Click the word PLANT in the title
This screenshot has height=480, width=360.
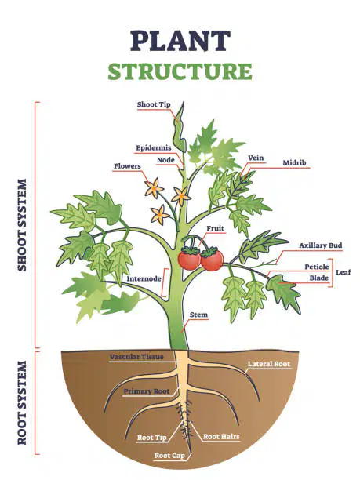180,41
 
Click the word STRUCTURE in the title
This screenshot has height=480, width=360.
180,71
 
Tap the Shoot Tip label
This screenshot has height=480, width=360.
154,104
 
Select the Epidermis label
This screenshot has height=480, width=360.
154,148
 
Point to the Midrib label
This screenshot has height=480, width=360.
294,163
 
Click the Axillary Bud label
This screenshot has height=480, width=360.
321,245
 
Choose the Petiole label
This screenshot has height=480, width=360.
317,267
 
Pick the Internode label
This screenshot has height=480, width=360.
144,279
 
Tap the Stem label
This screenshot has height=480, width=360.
198,315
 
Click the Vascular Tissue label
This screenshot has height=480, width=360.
136,357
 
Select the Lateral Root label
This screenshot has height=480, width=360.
269,364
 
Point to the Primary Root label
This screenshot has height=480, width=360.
147,391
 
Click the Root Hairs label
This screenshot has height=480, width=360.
221,437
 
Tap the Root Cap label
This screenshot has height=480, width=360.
169,456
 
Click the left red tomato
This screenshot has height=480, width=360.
190,259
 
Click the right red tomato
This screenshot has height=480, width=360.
212,260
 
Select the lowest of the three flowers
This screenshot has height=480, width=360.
159,215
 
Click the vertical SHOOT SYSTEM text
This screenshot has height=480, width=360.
22,225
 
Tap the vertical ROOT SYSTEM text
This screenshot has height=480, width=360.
22,403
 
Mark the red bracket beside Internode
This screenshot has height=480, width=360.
165,283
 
